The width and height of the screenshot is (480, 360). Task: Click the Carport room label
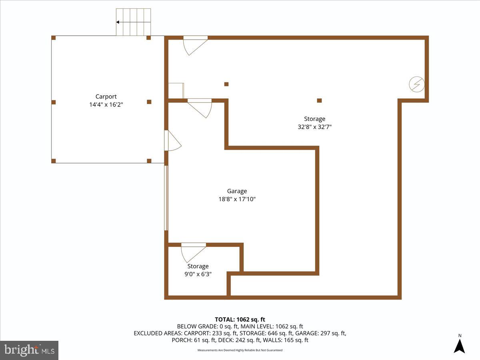point(106,96)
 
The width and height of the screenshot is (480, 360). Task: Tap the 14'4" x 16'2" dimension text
point(106,105)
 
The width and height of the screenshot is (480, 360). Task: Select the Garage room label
point(237,191)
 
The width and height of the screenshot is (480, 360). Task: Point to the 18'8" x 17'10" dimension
point(237,199)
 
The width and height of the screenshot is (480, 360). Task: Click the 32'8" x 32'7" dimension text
point(314,127)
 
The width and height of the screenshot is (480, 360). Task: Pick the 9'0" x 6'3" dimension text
point(198,274)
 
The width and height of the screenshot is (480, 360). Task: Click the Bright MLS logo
point(29,350)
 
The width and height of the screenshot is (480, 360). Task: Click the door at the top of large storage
point(195,45)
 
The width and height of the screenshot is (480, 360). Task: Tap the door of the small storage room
point(193,252)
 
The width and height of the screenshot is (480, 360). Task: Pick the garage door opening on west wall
point(166,198)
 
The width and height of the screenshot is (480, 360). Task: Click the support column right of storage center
point(319,100)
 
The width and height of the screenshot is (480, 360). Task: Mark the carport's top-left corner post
point(54,38)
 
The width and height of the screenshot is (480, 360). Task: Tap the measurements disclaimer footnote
point(240,350)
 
